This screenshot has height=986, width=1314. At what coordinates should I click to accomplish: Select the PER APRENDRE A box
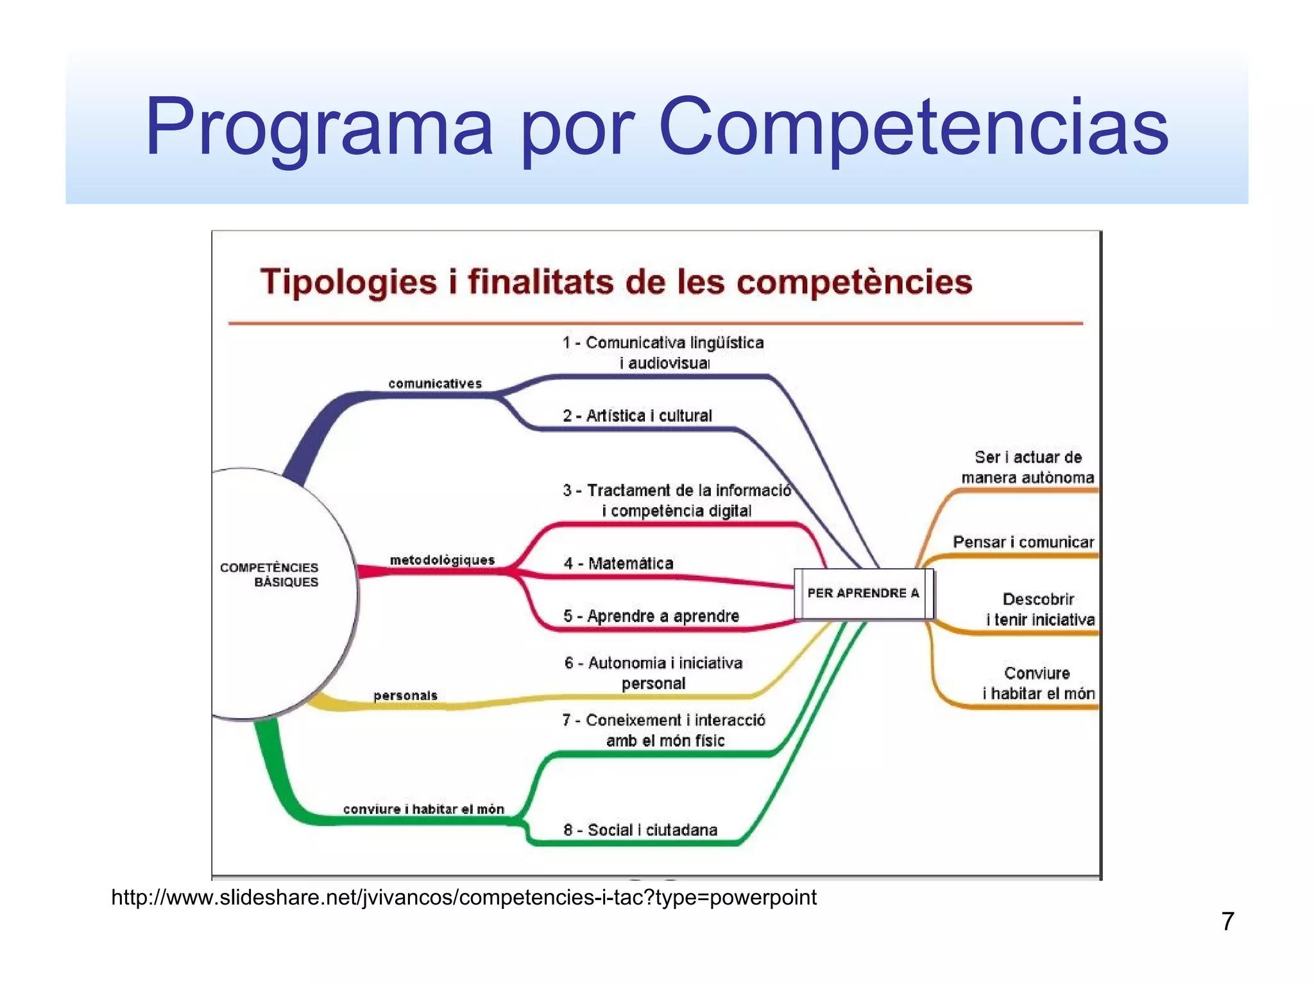point(863,593)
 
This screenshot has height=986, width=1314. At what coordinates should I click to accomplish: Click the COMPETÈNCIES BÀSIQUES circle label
point(269,575)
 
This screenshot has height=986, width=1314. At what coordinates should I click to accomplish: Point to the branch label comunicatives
point(434,383)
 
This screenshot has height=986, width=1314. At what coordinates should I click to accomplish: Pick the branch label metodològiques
point(442,560)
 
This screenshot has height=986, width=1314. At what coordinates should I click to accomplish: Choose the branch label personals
point(405,695)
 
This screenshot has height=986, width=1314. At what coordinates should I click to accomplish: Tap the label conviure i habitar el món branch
point(423,809)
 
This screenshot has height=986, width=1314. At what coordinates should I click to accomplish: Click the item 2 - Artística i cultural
point(637,415)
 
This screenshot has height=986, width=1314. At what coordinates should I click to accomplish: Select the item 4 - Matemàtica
point(619,563)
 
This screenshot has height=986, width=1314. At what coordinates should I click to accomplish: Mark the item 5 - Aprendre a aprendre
point(651,616)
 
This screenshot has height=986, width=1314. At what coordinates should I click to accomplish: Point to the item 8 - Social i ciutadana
point(640,829)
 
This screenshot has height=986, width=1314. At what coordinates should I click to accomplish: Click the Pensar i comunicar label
point(1023,542)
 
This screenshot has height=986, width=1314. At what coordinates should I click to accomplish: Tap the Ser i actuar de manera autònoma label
point(1027,467)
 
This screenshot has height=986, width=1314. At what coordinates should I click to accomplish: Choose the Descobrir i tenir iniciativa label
point(1039,609)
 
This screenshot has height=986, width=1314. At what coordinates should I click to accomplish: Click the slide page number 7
point(1227,921)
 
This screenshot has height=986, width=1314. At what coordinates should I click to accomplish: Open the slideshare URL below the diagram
point(464,897)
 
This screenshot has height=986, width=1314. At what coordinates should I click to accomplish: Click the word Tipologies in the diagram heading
point(348,282)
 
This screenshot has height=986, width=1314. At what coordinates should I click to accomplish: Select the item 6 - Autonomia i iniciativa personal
point(653,673)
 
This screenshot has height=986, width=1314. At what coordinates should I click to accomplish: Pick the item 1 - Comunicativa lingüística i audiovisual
point(663,352)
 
